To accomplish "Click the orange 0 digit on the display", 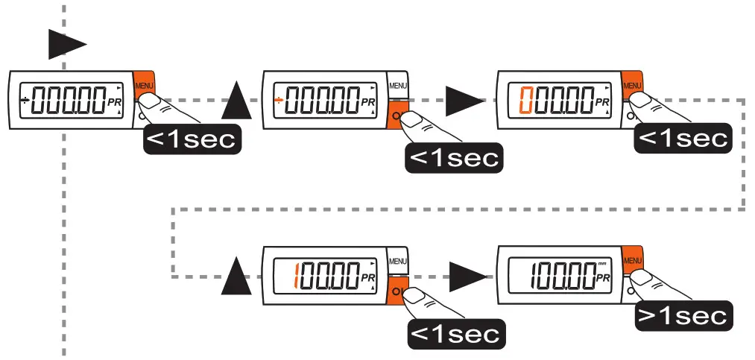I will [x=523, y=99].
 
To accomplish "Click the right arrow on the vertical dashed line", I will [x=66, y=45].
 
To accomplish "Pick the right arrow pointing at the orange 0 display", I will [x=464, y=101].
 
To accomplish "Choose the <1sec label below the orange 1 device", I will [x=454, y=332].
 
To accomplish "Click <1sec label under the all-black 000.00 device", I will [x=192, y=138].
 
